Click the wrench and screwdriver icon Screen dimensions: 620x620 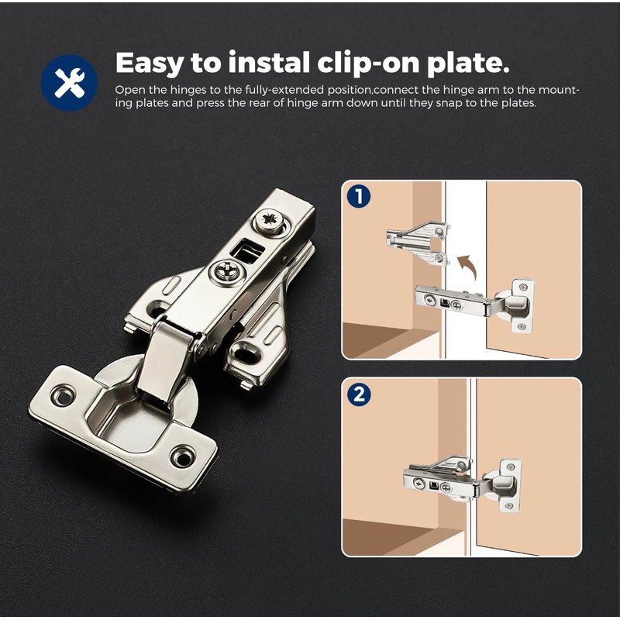click(69, 83)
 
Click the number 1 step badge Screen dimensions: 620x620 click(358, 197)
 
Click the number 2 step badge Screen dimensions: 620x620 click(358, 394)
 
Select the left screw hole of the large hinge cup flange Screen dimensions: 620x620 click(62, 396)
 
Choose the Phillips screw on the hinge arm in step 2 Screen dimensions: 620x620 click(420, 484)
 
